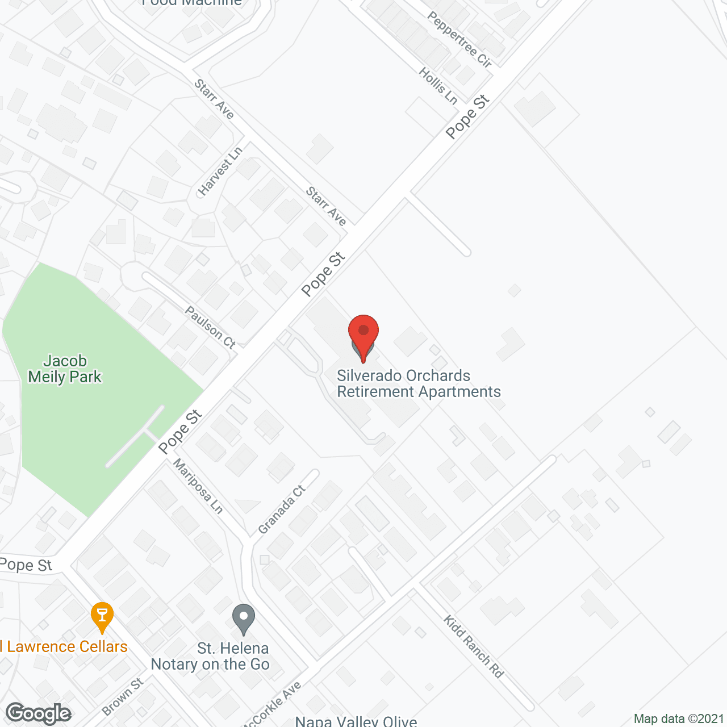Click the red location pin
363,335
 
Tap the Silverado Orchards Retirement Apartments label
419,384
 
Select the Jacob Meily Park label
65,369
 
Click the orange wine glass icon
102,616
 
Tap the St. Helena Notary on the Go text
211,656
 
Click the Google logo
39,713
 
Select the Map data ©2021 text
679,718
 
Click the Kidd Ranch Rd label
474,647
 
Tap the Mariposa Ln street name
198,486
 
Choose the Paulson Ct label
210,327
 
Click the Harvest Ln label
220,170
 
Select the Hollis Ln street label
438,86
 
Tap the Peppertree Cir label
459,39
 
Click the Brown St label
123,696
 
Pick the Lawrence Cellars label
64,646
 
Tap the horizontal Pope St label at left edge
26,565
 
